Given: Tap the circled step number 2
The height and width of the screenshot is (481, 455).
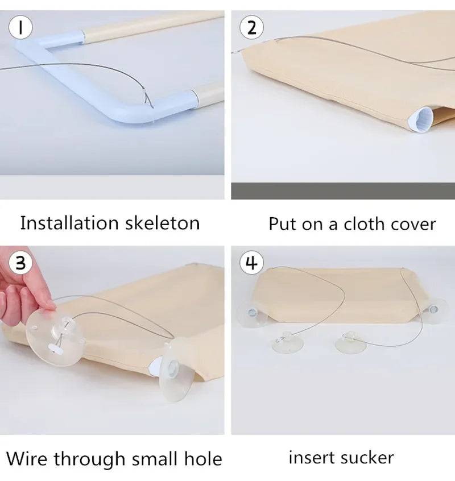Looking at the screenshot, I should click(252, 27).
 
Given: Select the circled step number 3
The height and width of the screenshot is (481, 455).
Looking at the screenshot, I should click(20, 263).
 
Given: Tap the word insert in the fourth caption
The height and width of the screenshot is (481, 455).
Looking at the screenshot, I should click(311, 457).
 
